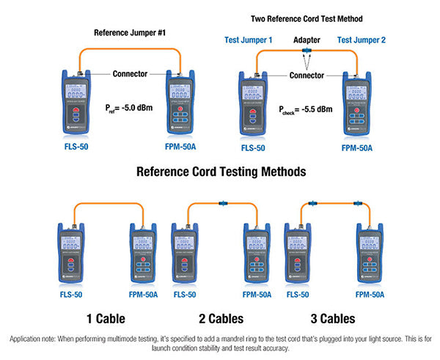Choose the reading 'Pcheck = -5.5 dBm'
pos(305,109)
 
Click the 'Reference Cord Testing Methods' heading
pos(220,171)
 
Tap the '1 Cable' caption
pos(106,319)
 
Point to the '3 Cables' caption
pos(328,319)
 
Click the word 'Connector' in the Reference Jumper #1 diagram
pos(131,73)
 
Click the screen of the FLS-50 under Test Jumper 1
pos(252,92)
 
